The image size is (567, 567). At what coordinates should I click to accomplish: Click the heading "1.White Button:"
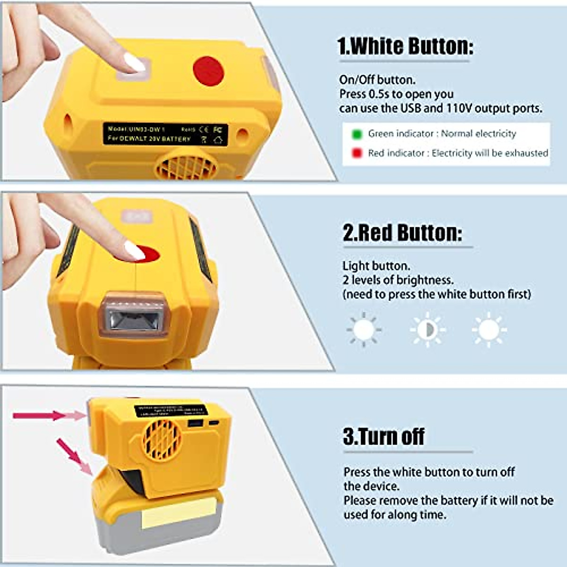tap(405, 46)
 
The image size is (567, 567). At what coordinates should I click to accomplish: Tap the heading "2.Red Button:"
tap(402, 232)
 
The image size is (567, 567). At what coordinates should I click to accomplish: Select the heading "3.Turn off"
tap(384, 436)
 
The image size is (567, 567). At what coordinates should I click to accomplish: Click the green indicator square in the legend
tap(357, 134)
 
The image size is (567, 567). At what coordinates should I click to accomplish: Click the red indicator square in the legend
tap(357, 153)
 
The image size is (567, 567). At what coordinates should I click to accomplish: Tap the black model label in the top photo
tap(165, 134)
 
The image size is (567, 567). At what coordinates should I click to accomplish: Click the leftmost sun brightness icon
tap(363, 329)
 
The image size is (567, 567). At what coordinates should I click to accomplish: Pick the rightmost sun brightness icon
tap(489, 329)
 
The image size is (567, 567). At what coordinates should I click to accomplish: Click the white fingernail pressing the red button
tap(134, 250)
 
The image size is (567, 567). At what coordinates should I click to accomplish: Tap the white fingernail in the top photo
tap(134, 62)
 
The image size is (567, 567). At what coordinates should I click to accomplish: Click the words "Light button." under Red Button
tap(376, 266)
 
